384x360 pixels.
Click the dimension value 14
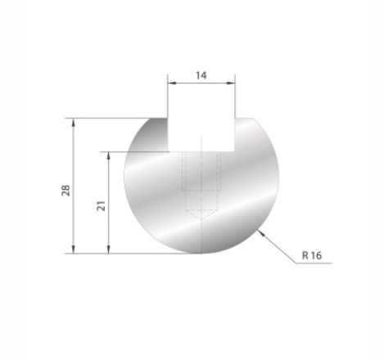pyautogui.click(x=201, y=74)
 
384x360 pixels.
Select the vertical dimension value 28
pyautogui.click(x=66, y=190)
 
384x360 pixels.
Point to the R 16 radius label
pyautogui.click(x=312, y=255)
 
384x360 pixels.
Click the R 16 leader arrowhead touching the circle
pyautogui.click(x=260, y=233)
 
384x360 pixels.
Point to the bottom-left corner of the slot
pyautogui.click(x=169, y=151)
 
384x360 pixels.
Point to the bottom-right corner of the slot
pyautogui.click(x=236, y=151)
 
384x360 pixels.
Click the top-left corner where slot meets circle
pyautogui.click(x=169, y=118)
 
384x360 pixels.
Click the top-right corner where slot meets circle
pyautogui.click(x=236, y=118)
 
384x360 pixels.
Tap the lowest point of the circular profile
pyautogui.click(x=201, y=253)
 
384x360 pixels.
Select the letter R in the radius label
pyautogui.click(x=305, y=255)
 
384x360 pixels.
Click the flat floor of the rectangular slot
pyautogui.click(x=202, y=151)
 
